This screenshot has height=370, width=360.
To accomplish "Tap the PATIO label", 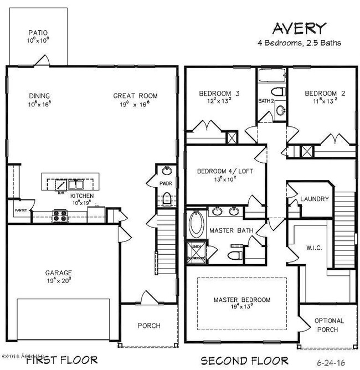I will [x=38, y=34].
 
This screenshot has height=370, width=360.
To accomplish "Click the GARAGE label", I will [x=58, y=273].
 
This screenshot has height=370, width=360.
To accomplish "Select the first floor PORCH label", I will [x=149, y=326].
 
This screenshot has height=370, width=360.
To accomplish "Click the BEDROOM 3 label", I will [x=219, y=94].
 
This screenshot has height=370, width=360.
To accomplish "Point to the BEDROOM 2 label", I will [x=325, y=94].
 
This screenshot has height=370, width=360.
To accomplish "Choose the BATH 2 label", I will [x=266, y=101].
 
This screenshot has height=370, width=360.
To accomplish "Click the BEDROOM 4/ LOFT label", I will [x=225, y=171].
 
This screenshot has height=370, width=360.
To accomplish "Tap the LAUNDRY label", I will [x=315, y=199].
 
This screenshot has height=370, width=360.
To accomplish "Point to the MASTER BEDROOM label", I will [x=242, y=300].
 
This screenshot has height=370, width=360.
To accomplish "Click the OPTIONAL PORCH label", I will [x=329, y=325].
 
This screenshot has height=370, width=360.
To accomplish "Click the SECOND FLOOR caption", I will [x=244, y=360].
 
